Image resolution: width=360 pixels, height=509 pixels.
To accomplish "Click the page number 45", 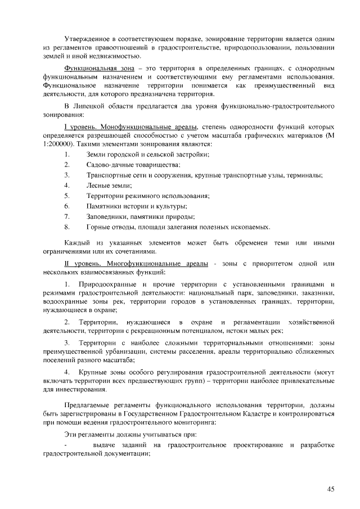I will pyautogui.click(x=331, y=489).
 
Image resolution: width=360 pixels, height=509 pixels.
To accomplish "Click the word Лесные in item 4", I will pyautogui.click(x=98, y=185).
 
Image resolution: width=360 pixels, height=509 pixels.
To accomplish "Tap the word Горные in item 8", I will pyautogui.click(x=98, y=227).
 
